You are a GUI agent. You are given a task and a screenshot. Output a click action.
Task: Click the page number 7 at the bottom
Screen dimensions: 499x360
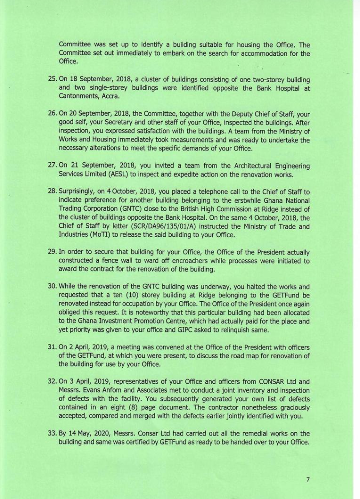pyautogui.click(x=308, y=479)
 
